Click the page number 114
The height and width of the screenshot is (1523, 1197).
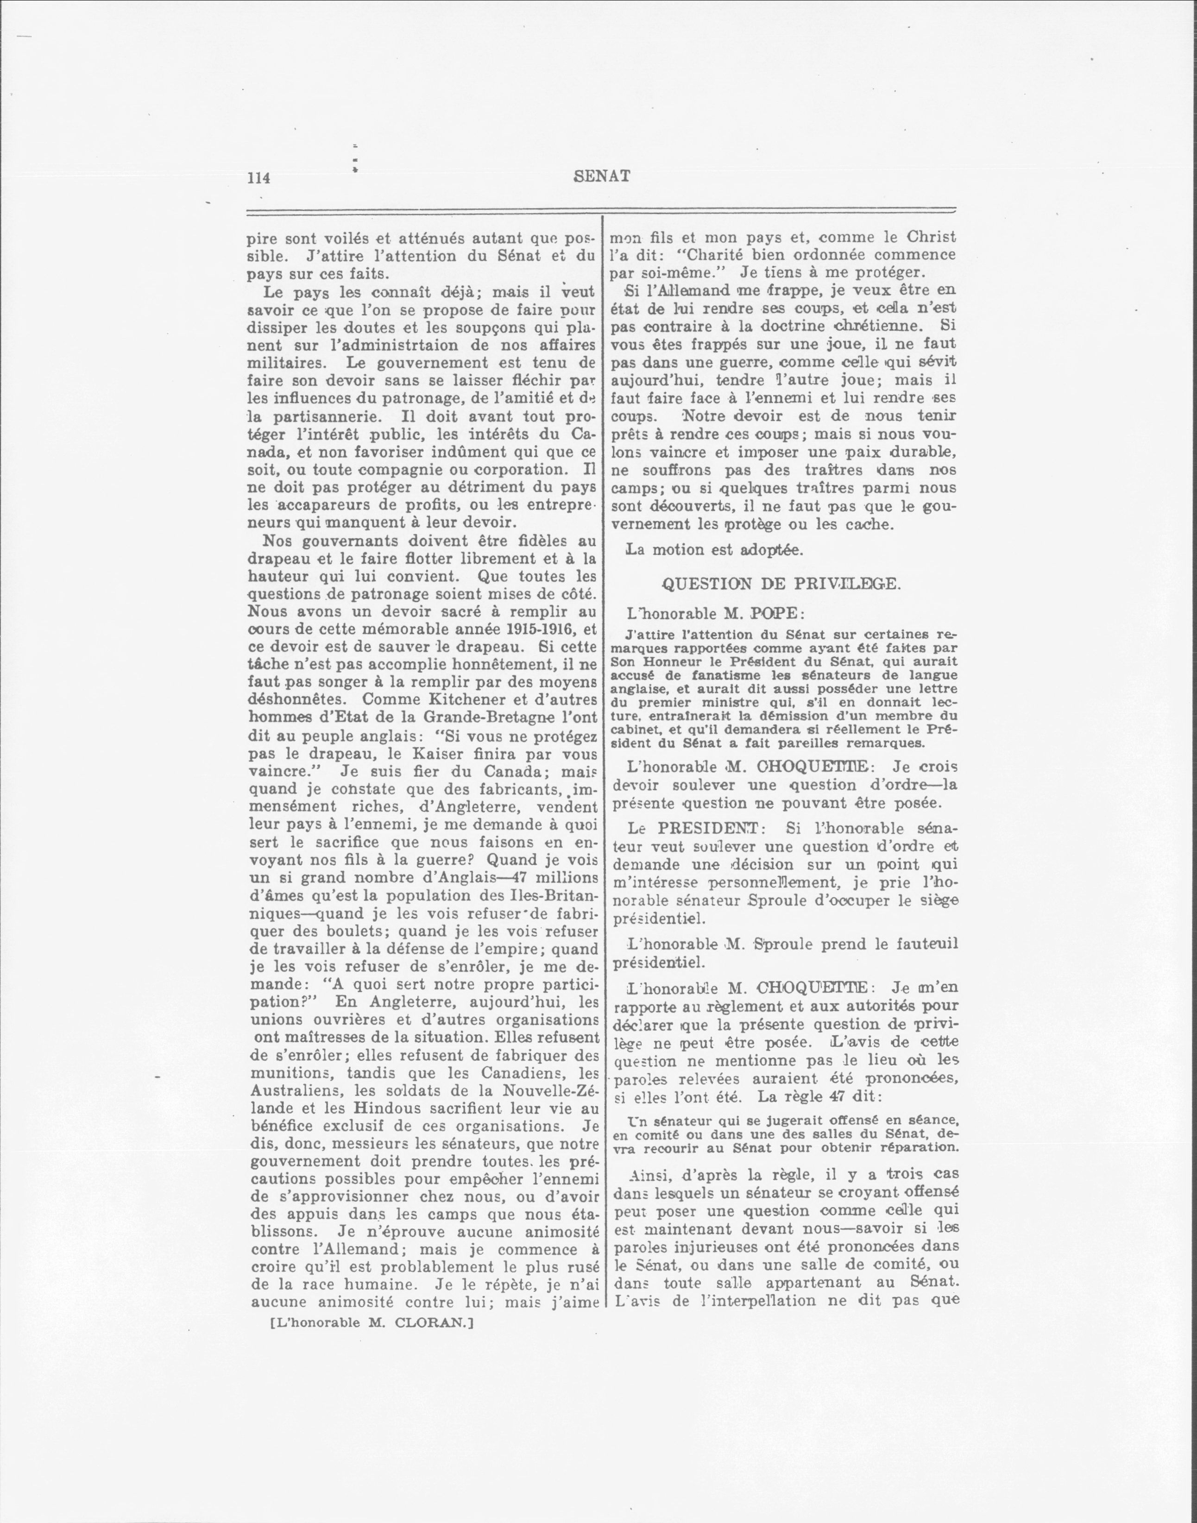click(258, 178)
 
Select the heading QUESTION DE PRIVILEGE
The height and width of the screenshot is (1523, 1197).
click(781, 583)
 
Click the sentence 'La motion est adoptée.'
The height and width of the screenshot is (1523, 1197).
click(713, 549)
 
